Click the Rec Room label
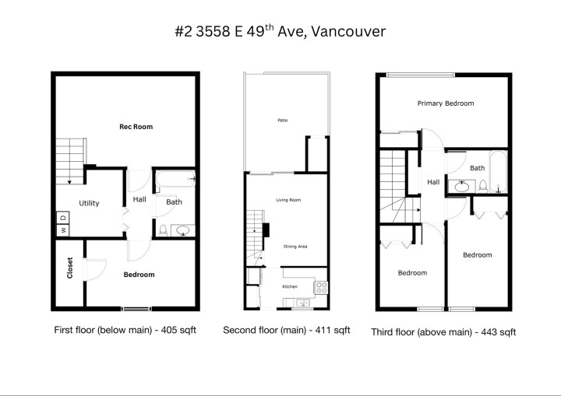coord(136,126)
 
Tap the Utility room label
coord(89,203)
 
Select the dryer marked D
coord(62,218)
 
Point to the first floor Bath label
coord(175,202)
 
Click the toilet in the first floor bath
coord(163,230)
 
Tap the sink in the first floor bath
coord(184,230)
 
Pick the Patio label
coord(282,121)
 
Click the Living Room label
coord(288,200)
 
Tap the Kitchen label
coord(290,287)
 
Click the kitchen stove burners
coord(319,287)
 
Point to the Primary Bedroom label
coord(446,103)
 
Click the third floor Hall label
coord(433,182)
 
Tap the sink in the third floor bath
coord(462,186)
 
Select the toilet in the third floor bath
coord(483,186)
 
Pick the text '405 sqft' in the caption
coord(178,330)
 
